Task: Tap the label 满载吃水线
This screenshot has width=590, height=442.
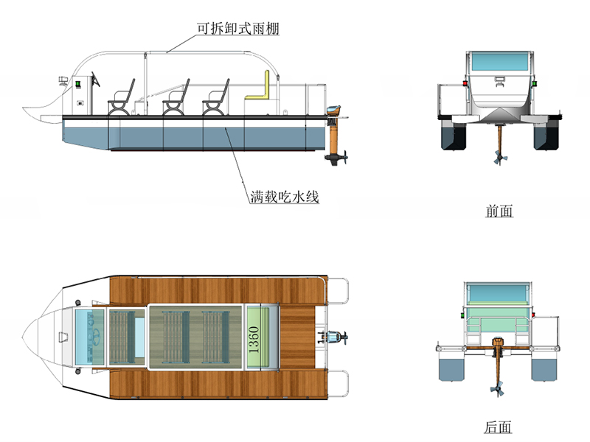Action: [283, 197]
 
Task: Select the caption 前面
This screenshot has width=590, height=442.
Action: [499, 211]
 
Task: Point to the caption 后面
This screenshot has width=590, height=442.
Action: [499, 427]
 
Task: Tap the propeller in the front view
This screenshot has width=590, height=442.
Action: [500, 158]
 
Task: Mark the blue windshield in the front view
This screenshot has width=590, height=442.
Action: [499, 60]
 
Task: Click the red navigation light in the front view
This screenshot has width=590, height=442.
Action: [463, 83]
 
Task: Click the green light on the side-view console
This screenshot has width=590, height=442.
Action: [76, 84]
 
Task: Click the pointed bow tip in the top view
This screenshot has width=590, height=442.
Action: [24, 340]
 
